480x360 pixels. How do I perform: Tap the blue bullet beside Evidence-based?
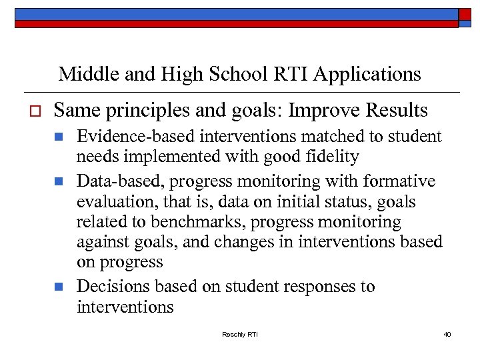[x=59, y=137]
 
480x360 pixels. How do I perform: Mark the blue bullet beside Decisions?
[x=59, y=287]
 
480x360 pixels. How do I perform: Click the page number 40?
[x=447, y=334]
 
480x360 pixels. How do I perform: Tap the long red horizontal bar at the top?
[x=237, y=23]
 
